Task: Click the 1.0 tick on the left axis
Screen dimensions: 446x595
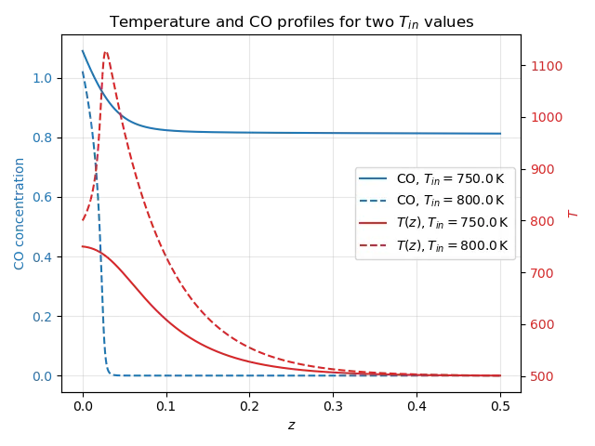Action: click(42, 78)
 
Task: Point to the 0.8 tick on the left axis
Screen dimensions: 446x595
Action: click(42, 138)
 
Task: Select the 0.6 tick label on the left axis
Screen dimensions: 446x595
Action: click(42, 197)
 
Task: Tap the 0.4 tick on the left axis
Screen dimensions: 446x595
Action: click(42, 256)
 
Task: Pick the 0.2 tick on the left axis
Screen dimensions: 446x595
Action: click(42, 316)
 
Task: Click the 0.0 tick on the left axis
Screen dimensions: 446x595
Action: click(42, 376)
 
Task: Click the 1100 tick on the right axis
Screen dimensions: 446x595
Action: click(546, 66)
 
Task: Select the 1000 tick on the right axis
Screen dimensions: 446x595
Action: click(546, 117)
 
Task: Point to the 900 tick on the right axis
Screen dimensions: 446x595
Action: click(543, 169)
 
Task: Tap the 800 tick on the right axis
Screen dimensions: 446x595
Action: click(543, 221)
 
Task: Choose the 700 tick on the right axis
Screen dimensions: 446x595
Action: click(543, 273)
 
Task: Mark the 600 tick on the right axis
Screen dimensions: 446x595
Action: click(543, 324)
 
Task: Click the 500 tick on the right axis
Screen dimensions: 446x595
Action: click(543, 376)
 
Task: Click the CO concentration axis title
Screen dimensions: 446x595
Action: click(20, 213)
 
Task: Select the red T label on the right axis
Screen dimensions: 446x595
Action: click(573, 214)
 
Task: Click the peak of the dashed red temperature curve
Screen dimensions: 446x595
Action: click(105, 51)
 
